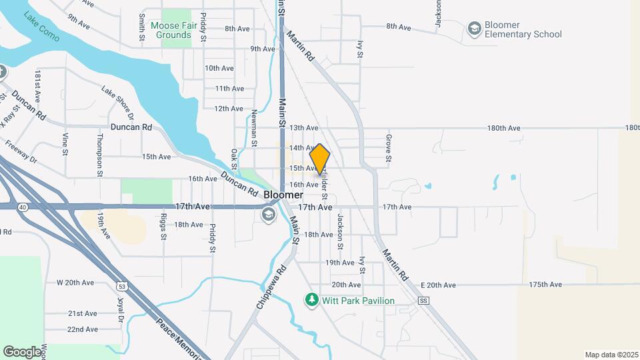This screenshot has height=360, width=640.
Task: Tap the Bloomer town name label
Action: point(283,195)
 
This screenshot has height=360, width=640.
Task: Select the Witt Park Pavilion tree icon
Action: point(311,300)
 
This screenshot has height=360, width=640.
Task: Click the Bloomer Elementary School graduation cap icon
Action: point(474,28)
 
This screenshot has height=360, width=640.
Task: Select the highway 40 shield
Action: point(23,207)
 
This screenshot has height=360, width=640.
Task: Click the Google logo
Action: point(22,351)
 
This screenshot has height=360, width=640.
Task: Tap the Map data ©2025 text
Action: point(611,355)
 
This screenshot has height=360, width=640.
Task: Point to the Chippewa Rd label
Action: point(271,287)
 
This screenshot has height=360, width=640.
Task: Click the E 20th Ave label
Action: point(438,285)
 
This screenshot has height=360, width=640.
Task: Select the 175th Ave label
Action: point(543,285)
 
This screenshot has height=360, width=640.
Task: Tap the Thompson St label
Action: point(100,155)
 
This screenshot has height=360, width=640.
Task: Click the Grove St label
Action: point(387,148)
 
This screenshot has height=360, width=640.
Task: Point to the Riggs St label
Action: point(163,227)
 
